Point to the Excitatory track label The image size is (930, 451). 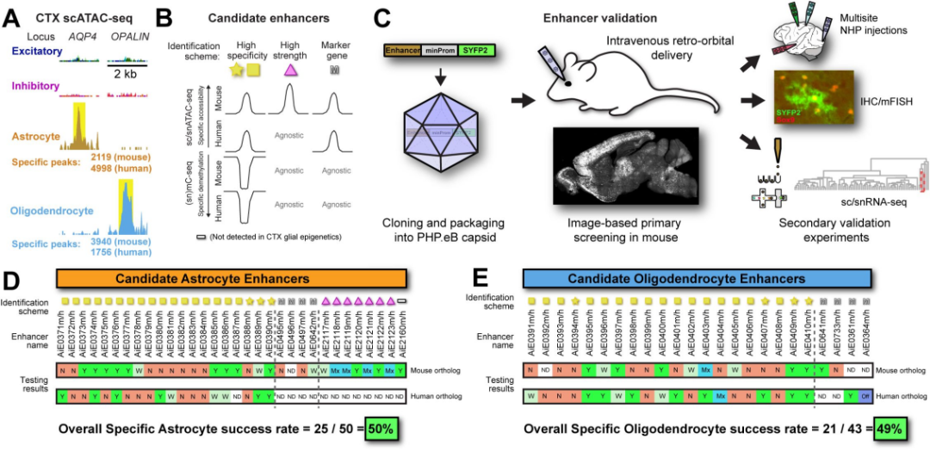coord(37,53)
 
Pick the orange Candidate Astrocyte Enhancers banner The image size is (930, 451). coord(232,280)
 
